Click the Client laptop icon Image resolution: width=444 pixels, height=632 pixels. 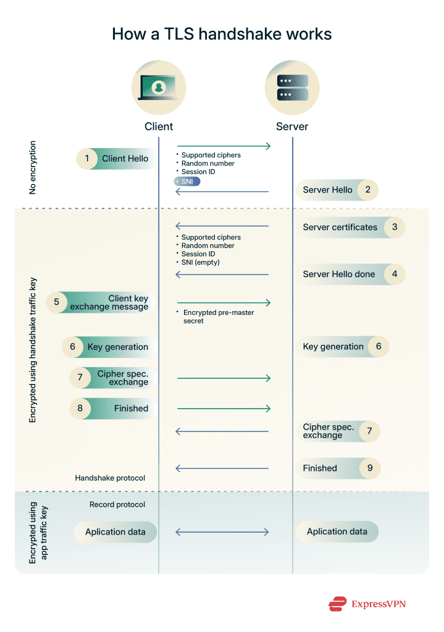click(x=159, y=87)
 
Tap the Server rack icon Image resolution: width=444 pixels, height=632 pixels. click(x=292, y=88)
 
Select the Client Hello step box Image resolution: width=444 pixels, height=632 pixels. click(x=115, y=159)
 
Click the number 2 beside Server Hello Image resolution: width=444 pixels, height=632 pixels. click(x=368, y=190)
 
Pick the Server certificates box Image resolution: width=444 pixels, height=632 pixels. click(x=350, y=227)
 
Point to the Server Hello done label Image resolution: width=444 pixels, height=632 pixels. click(x=339, y=275)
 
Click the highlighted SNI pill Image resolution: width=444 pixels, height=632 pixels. click(x=187, y=181)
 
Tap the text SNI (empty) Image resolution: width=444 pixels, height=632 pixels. click(x=201, y=262)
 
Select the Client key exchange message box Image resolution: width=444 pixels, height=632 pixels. click(x=101, y=302)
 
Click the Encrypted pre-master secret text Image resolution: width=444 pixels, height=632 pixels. click(x=218, y=317)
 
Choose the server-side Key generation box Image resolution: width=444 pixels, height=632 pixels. click(x=342, y=347)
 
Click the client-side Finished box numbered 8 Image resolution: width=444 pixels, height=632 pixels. click(x=112, y=409)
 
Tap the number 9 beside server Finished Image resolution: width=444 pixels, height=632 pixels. click(x=370, y=468)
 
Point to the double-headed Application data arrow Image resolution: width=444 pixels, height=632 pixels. click(x=222, y=532)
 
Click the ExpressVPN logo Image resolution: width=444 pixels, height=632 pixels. click(x=367, y=604)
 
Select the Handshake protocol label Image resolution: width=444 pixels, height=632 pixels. click(x=110, y=478)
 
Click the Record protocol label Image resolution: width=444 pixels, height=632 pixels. click(x=117, y=505)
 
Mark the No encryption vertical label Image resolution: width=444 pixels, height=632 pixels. click(x=33, y=168)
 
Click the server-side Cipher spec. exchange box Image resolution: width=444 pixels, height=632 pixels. click(x=338, y=431)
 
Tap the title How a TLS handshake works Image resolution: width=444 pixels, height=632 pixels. click(x=222, y=35)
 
